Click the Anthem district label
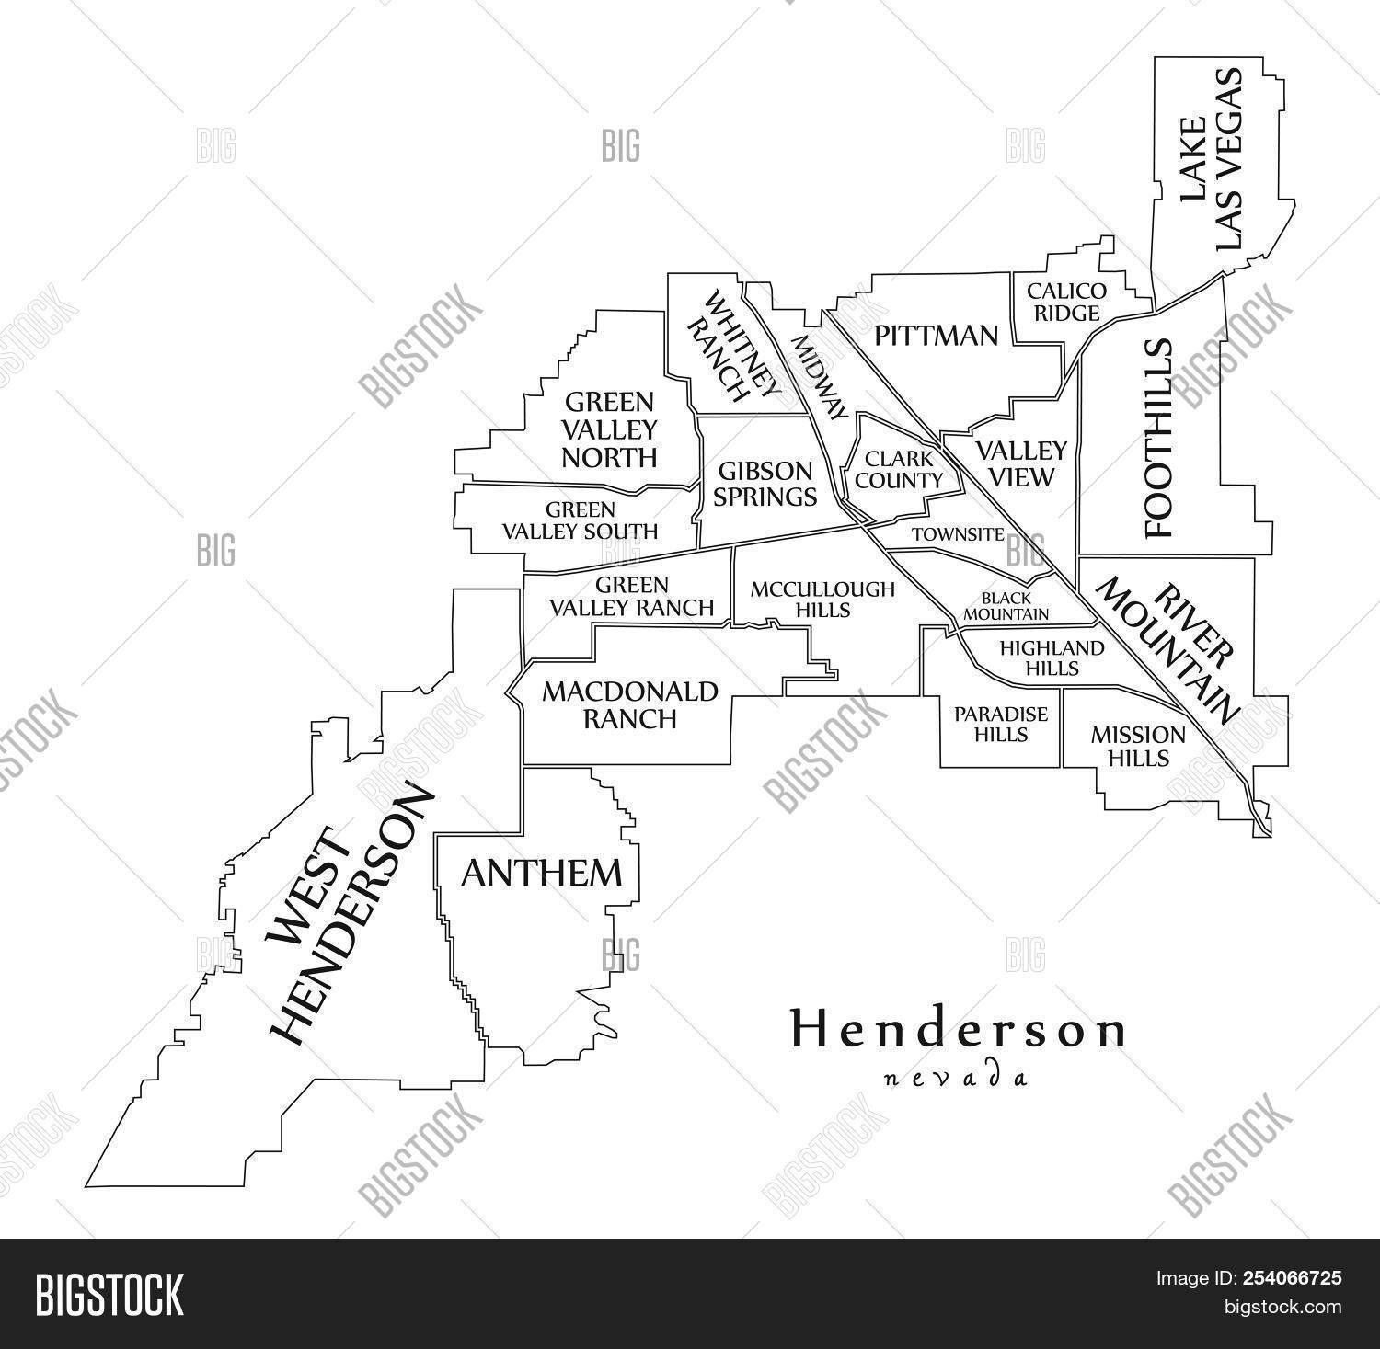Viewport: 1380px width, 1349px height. [x=541, y=873]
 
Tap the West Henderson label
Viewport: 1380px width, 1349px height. [x=348, y=915]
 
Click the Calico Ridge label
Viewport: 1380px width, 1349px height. [x=1066, y=303]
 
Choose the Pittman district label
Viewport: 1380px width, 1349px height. [x=936, y=336]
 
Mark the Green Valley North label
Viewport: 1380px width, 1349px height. [x=610, y=429]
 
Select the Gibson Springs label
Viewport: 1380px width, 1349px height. [x=765, y=485]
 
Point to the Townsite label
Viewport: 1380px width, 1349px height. [x=958, y=534]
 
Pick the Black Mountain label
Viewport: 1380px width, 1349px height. [x=1005, y=606]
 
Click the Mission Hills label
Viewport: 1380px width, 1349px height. [x=1138, y=746]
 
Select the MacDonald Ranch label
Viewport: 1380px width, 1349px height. [x=629, y=704]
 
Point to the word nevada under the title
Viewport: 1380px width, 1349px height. [x=955, y=1078]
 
